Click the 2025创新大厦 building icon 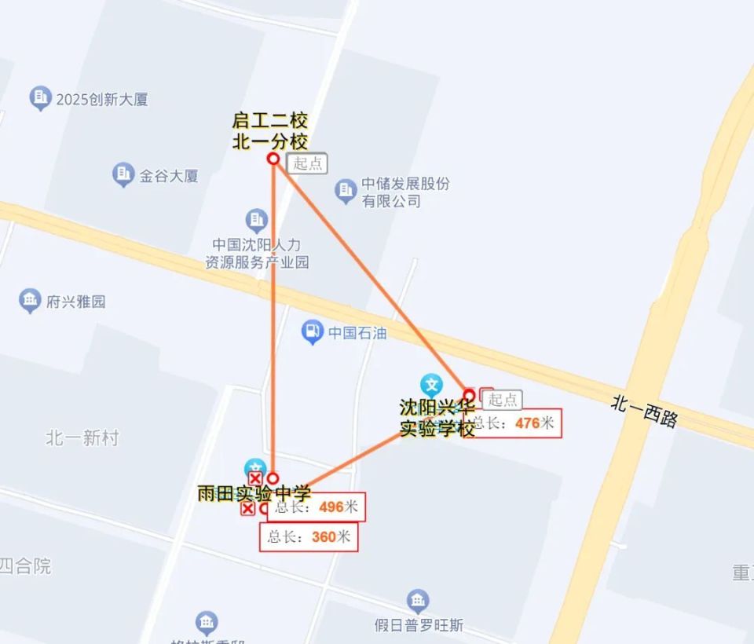(40, 99)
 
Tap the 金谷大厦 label (168, 176)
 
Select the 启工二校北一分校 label (269, 131)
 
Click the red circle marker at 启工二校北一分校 (273, 159)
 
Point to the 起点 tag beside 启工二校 (306, 163)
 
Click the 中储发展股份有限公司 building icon (346, 190)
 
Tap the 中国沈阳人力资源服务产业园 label (257, 253)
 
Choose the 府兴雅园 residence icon (31, 300)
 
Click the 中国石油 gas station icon (313, 332)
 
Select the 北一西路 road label (644, 410)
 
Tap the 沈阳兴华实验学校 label (437, 419)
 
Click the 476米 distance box (515, 423)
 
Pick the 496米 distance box (317, 507)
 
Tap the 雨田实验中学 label (254, 493)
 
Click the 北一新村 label (82, 438)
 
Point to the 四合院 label (25, 565)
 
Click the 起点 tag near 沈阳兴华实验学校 (503, 400)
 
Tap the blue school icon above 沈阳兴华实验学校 (431, 385)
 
